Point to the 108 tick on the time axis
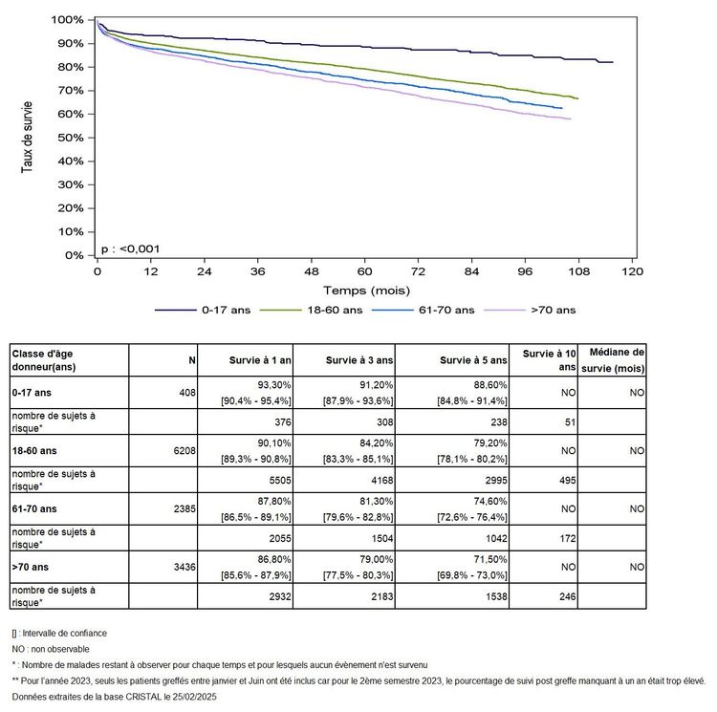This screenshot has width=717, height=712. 578,270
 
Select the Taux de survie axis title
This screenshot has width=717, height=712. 28,137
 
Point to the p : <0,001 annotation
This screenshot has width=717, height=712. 130,249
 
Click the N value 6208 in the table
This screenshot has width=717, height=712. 182,449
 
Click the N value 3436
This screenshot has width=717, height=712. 182,566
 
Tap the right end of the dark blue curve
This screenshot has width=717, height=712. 613,62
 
